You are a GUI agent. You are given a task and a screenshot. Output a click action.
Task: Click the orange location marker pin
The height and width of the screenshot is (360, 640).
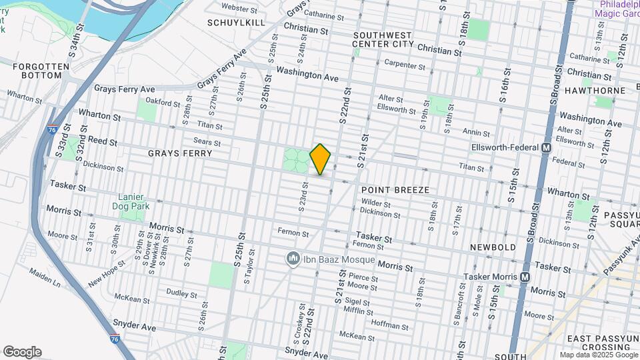(x=321, y=159)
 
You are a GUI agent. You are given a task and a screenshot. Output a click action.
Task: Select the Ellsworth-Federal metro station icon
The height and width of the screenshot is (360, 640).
(x=547, y=147)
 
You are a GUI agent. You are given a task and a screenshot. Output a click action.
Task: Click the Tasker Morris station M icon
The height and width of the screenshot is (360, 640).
(x=525, y=277)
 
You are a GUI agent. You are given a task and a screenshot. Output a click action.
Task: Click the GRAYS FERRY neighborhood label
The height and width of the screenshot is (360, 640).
(x=180, y=153)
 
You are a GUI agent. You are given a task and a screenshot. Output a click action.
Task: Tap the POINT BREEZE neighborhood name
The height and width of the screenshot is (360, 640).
(x=395, y=190)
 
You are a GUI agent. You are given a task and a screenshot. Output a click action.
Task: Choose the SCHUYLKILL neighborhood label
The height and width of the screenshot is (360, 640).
(x=236, y=22)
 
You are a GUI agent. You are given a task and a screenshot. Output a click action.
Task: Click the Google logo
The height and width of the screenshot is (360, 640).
(x=22, y=352)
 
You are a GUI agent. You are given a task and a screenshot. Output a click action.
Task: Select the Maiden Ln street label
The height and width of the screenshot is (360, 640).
(x=45, y=278)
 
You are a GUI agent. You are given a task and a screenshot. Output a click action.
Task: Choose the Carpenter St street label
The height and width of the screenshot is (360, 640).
(x=405, y=65)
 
